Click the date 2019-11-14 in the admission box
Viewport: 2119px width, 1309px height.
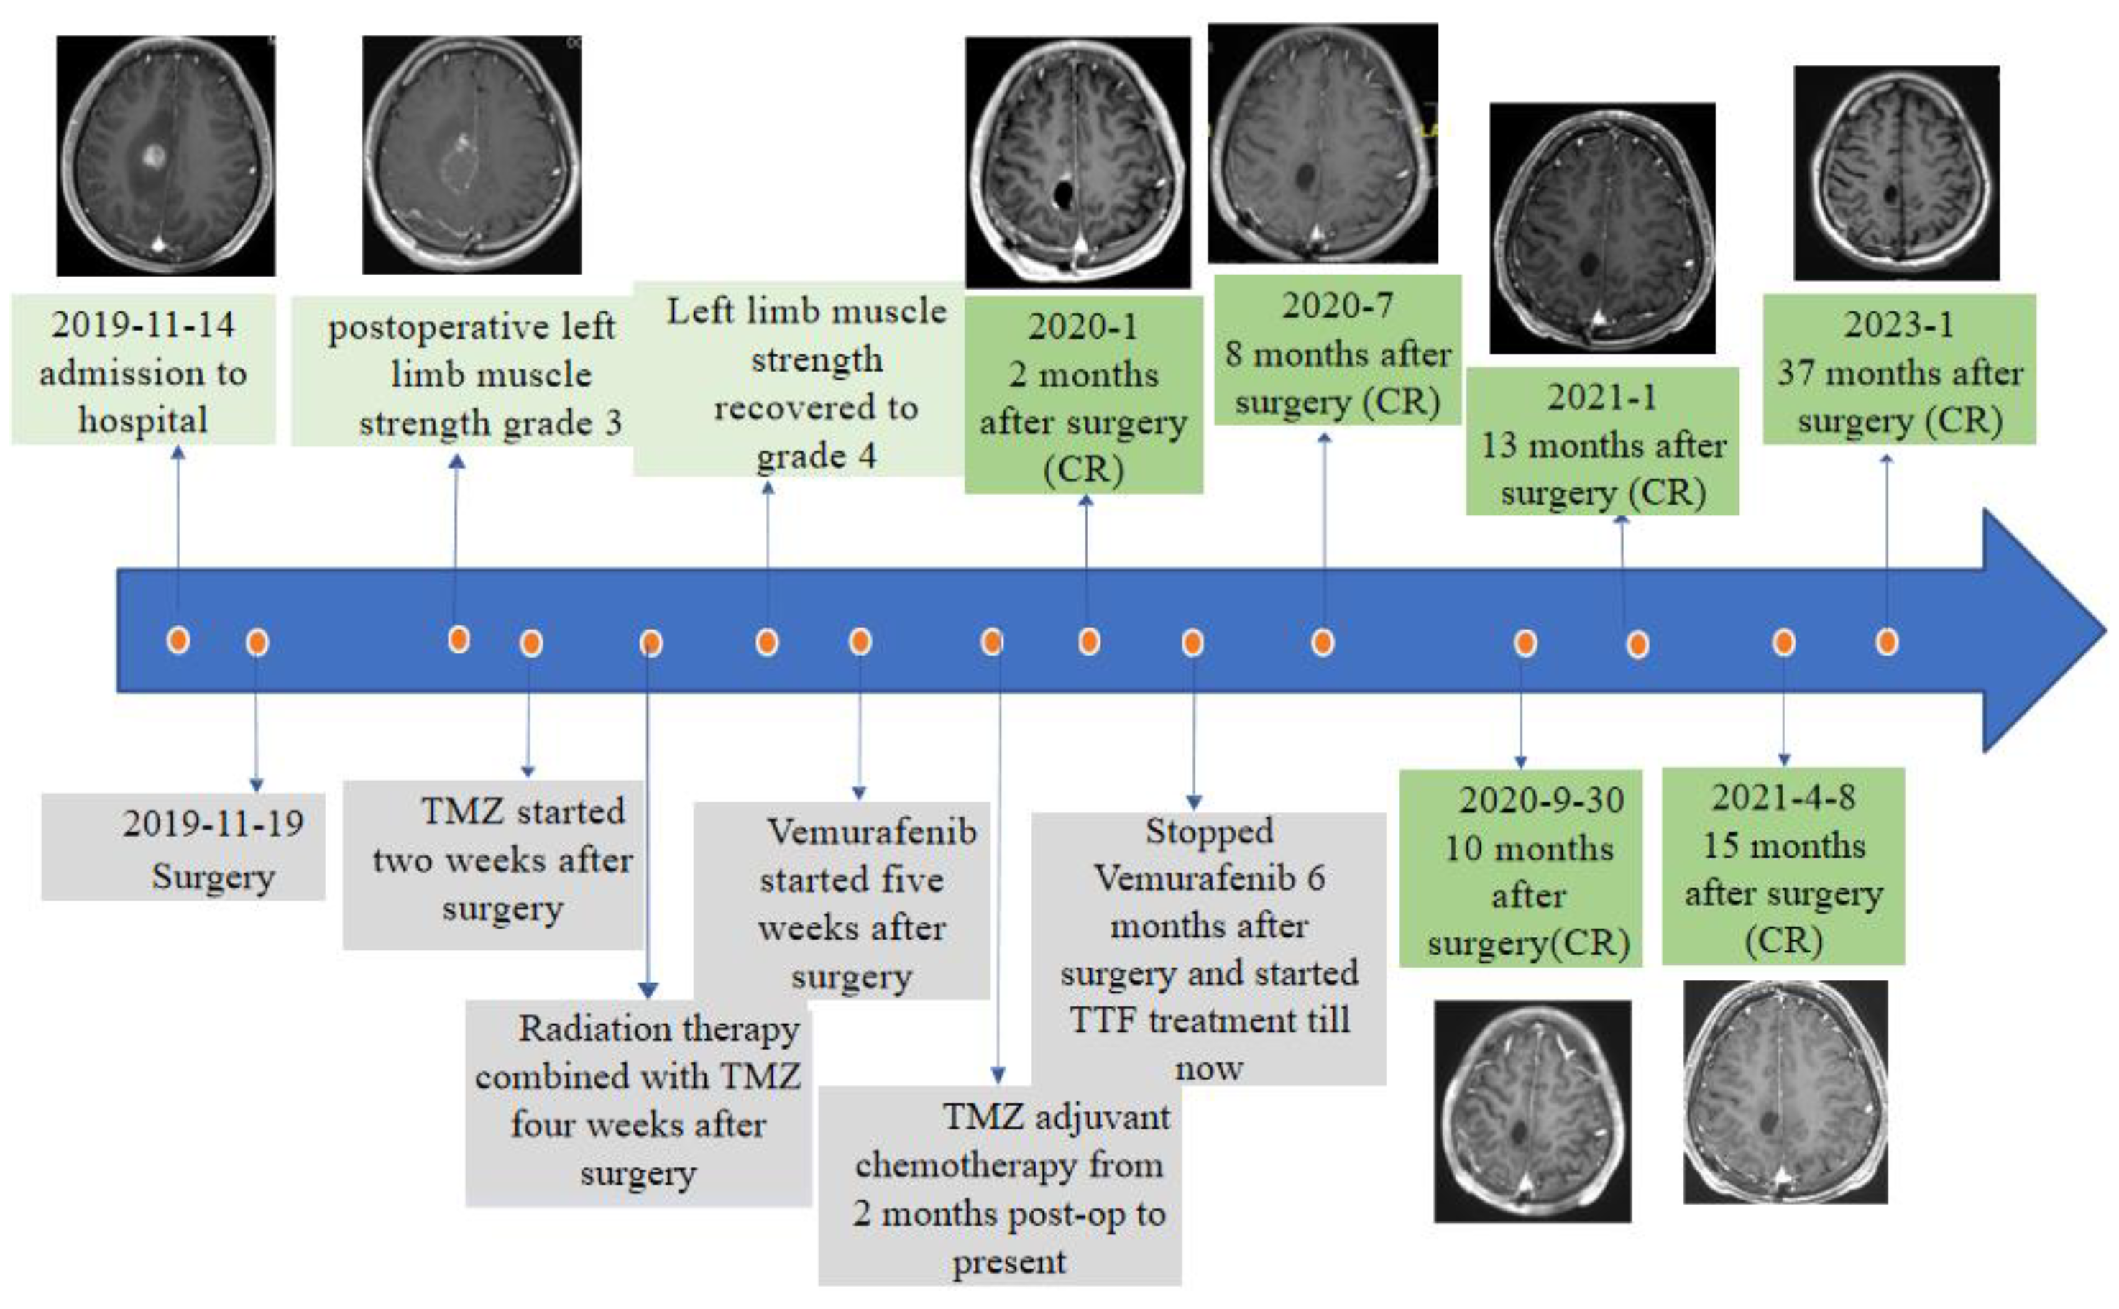(x=143, y=326)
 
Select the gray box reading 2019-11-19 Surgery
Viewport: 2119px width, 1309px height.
(x=183, y=847)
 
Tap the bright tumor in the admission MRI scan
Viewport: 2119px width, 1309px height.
(x=153, y=156)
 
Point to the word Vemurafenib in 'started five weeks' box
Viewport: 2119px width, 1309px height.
(x=872, y=832)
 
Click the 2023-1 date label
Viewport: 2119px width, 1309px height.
(x=1898, y=326)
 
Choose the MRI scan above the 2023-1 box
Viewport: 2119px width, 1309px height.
(x=1895, y=173)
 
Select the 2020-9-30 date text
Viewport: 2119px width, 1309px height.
(x=1541, y=800)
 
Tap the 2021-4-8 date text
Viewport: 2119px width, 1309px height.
(x=1783, y=797)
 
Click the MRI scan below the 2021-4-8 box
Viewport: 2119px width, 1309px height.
(x=1785, y=1093)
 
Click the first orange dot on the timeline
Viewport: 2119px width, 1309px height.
(x=178, y=640)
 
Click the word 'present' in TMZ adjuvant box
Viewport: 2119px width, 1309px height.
(x=1009, y=1262)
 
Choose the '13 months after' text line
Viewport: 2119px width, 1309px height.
(x=1603, y=446)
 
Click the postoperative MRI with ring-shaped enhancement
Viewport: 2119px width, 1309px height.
(x=472, y=156)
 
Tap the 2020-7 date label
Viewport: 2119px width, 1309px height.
(x=1338, y=306)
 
